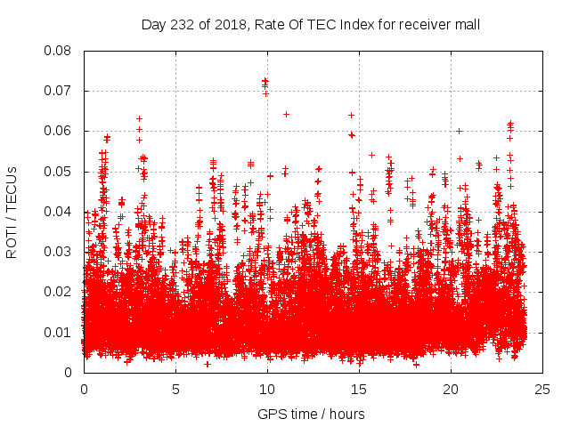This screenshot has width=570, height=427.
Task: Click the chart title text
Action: coord(311,25)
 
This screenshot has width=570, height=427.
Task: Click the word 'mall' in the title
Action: coord(467,25)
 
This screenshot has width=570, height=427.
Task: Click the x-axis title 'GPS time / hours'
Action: coord(311,415)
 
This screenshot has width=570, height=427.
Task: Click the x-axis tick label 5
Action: coord(175,390)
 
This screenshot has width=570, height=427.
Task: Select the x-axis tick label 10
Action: coord(267,390)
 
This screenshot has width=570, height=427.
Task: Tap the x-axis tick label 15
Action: coord(359,390)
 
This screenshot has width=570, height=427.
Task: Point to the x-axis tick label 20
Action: coord(451,390)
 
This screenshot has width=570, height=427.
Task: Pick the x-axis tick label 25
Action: coord(542,390)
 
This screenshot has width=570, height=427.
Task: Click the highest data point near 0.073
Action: coord(265,80)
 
